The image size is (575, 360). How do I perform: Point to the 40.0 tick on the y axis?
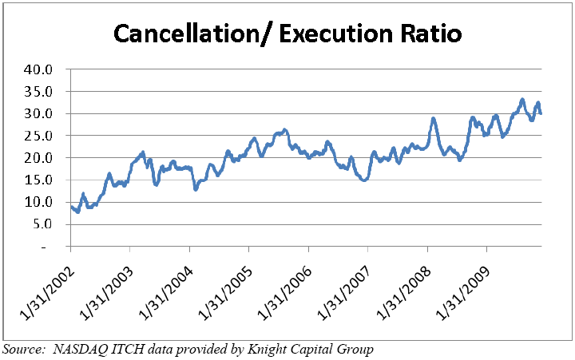click(38, 69)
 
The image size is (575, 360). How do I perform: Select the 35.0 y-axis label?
click(38, 92)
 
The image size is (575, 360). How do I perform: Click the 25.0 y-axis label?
click(38, 136)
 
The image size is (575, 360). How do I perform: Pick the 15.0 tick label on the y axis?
click(38, 180)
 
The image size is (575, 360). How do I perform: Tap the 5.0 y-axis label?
click(41, 224)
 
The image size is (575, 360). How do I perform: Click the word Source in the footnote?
click(22, 349)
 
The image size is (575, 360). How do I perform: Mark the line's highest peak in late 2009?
click(522, 100)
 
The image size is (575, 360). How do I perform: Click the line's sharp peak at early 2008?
click(434, 119)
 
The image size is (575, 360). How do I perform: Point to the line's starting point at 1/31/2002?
click(71, 208)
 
